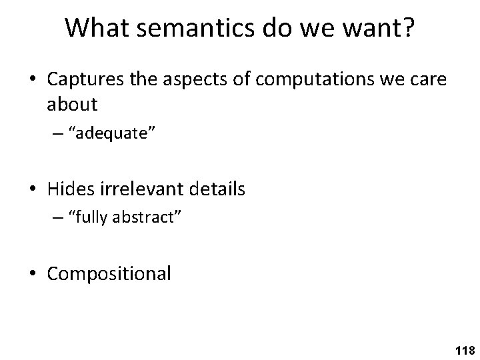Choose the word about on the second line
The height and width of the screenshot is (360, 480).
point(73,104)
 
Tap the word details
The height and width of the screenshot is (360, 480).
point(218,189)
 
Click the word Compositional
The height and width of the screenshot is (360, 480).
point(109,274)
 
